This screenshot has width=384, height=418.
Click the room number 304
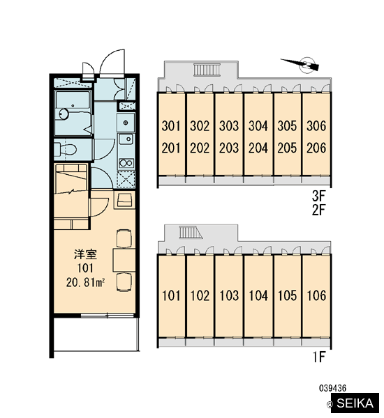[258, 126]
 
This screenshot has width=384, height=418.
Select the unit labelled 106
[316, 295]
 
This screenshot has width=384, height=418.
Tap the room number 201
[171, 148]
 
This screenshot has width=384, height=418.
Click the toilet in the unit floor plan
[65, 150]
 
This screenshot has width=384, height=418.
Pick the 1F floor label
[319, 357]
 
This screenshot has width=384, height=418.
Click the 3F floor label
[318, 196]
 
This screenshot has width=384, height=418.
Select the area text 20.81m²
[85, 283]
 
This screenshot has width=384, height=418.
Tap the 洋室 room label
[85, 254]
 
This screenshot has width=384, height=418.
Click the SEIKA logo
[355, 403]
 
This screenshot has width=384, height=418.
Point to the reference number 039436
[333, 388]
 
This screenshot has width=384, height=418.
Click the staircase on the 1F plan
[191, 232]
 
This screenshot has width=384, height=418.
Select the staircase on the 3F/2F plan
[207, 70]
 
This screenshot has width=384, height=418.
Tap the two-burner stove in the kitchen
[126, 162]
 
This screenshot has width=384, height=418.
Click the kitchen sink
[126, 139]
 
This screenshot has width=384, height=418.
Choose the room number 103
[229, 295]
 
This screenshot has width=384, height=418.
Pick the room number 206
[316, 148]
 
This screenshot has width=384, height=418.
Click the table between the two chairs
[124, 260]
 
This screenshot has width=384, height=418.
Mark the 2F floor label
[318, 210]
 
